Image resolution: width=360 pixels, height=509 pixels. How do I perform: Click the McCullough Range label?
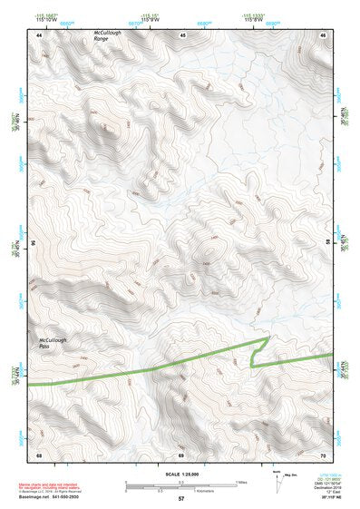click(x=107, y=36)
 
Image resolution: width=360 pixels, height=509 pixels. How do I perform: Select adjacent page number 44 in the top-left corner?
click(x=39, y=34)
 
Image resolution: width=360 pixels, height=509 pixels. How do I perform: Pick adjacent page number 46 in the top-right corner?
click(x=323, y=34)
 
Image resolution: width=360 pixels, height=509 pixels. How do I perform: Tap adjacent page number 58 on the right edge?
click(x=327, y=243)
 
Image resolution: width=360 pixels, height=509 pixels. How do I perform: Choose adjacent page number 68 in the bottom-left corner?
click(x=39, y=453)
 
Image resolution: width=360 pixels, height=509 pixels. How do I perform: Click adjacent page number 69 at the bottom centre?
click(x=181, y=453)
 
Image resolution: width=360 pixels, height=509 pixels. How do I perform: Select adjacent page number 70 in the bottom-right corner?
click(x=323, y=453)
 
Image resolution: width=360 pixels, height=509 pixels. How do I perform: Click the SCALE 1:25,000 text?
click(x=180, y=474)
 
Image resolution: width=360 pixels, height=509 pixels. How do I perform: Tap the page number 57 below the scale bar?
click(x=181, y=499)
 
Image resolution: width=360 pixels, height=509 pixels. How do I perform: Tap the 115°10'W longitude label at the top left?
click(x=45, y=20)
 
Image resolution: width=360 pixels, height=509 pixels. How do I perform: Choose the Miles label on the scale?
click(x=241, y=482)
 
